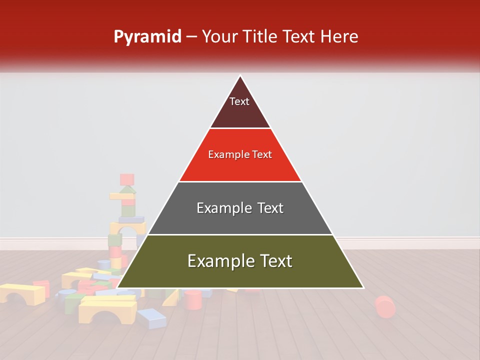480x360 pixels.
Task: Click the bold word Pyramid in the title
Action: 147,37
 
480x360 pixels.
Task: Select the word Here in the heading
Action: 339,37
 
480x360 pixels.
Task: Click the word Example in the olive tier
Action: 218,261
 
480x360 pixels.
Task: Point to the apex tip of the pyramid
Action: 240,76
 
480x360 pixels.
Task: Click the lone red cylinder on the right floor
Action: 384,306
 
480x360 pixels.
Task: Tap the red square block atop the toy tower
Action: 127,179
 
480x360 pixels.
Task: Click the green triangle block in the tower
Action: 128,190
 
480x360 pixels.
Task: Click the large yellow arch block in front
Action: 107,308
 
